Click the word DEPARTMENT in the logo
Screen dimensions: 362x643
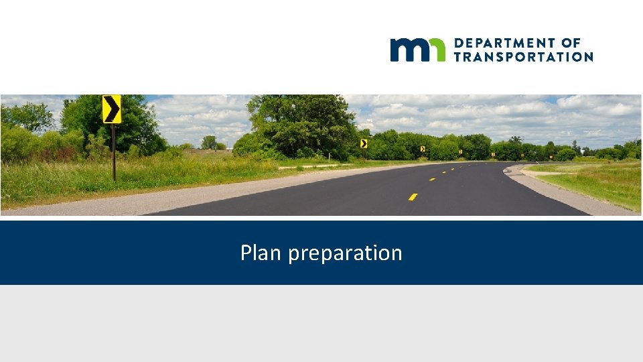pyautogui.click(x=499, y=43)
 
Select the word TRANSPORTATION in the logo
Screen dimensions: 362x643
pyautogui.click(x=523, y=57)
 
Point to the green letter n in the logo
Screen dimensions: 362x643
pyautogui.click(x=436, y=50)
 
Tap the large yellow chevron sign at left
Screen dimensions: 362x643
pyautogui.click(x=112, y=109)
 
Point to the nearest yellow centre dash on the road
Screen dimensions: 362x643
pyautogui.click(x=413, y=196)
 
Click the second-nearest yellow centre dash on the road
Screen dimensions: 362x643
pyautogui.click(x=432, y=179)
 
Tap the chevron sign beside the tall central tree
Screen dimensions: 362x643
pyautogui.click(x=364, y=143)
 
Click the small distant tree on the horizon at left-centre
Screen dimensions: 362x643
pyautogui.click(x=210, y=141)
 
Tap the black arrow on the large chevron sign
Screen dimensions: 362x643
pyautogui.click(x=111, y=109)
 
